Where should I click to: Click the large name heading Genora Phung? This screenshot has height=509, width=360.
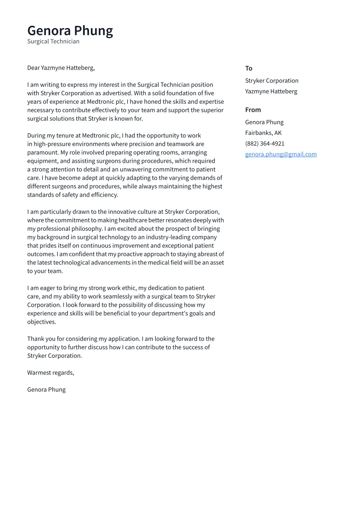[70, 31]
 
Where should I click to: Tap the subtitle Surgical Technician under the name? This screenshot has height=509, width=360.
[53, 41]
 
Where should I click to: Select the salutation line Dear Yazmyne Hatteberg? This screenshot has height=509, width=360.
[61, 68]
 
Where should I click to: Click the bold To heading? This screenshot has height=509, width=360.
[248, 68]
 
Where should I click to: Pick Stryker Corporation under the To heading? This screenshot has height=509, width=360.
[271, 81]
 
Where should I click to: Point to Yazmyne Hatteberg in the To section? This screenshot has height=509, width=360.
[271, 91]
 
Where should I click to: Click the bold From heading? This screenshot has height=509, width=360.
[253, 110]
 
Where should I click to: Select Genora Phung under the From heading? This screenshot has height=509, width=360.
[264, 122]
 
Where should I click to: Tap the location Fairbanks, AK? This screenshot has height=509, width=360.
[263, 133]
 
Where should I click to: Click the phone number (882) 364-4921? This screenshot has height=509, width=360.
[264, 143]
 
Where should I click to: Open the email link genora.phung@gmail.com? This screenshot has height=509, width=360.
[280, 154]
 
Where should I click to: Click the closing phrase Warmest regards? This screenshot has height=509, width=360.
[51, 373]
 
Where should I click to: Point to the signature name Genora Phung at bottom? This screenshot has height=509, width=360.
[46, 390]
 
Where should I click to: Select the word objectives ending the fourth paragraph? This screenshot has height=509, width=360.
[41, 322]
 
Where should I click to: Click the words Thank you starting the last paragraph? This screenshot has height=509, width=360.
[41, 339]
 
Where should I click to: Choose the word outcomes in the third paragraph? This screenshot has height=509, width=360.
[41, 254]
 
